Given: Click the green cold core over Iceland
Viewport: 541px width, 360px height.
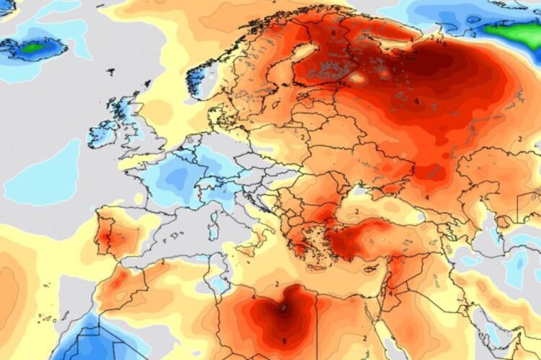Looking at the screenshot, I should (x=33, y=49).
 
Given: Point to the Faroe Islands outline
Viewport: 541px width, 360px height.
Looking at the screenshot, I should (x=111, y=72).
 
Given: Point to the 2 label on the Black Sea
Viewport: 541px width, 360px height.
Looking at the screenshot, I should (x=356, y=212).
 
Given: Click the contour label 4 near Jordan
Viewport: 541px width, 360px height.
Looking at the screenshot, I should (x=391, y=294).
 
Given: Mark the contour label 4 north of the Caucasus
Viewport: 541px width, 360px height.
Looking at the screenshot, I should (x=427, y=196).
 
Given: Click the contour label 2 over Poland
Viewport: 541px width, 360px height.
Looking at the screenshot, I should (x=304, y=136).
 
